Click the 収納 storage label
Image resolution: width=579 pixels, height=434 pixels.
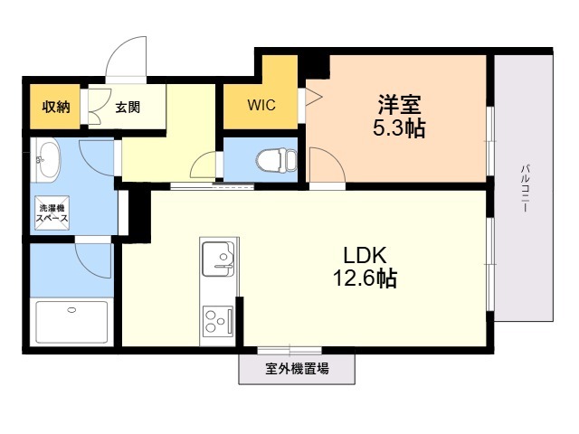55,107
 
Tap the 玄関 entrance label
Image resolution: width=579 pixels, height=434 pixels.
128,108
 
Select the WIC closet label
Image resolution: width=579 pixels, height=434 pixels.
261,105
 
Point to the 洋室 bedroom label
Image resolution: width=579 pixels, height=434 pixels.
399,105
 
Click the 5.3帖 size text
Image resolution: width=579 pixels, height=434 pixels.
399,128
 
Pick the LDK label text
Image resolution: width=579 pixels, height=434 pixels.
365,255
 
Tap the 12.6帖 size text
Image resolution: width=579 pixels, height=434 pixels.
365,278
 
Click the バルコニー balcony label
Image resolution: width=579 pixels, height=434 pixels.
525,189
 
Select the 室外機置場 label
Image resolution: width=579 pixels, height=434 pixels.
297,368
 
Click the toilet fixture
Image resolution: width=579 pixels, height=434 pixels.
276,160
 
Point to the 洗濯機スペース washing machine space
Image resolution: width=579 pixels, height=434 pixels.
52,213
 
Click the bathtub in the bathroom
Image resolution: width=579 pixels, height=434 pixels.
72,322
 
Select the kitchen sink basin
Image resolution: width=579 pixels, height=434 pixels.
218,259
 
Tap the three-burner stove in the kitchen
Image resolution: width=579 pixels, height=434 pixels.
218,320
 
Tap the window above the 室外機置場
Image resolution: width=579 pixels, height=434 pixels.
289,350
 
